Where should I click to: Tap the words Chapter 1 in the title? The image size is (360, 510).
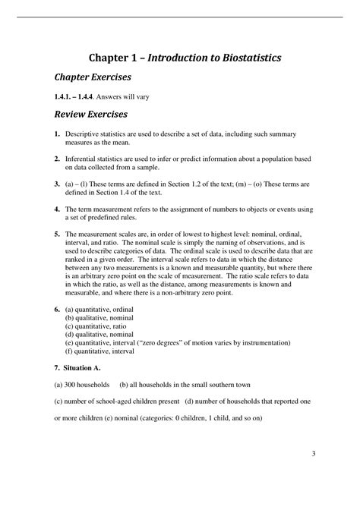click(x=113, y=57)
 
